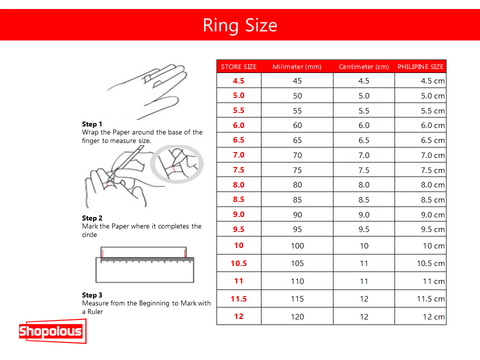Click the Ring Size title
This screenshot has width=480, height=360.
click(x=240, y=26)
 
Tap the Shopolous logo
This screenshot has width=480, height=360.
click(x=53, y=331)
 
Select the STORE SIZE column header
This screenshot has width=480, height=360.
click(x=239, y=67)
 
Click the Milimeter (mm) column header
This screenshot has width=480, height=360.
click(x=297, y=67)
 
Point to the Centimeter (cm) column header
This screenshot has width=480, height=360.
click(x=364, y=67)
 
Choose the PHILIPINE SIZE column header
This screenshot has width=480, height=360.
click(x=420, y=67)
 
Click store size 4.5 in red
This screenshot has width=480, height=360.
click(x=239, y=81)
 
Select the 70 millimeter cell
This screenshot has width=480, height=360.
click(x=297, y=155)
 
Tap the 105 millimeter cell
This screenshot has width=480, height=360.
click(x=297, y=263)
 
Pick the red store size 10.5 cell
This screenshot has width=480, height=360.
click(x=239, y=263)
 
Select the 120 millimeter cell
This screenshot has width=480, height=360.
click(x=297, y=317)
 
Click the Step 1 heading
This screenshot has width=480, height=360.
click(x=92, y=124)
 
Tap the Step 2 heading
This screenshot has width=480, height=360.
click(x=92, y=218)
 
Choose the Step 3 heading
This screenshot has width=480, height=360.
click(x=92, y=295)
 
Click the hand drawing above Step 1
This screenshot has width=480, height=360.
click(x=147, y=91)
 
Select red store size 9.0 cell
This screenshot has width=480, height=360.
click(x=239, y=214)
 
